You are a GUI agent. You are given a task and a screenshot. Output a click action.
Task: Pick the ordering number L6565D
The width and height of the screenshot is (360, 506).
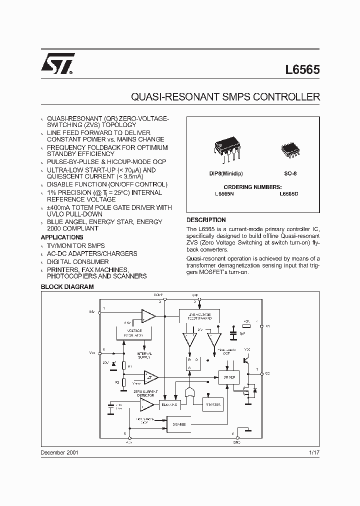point(289,193)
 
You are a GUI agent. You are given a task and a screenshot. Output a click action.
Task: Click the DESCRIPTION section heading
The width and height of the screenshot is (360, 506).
point(206,220)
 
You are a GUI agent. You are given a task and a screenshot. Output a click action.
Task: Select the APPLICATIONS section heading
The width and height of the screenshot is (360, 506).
point(62,237)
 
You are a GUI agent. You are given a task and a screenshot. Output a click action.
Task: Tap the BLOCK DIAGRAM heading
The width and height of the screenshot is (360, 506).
point(67,287)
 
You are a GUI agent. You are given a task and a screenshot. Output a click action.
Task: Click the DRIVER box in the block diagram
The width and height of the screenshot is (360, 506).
point(229,376)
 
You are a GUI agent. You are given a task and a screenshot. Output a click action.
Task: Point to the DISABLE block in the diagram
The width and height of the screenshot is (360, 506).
point(179,424)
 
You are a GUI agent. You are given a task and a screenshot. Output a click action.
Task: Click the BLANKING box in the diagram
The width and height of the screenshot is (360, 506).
point(169,404)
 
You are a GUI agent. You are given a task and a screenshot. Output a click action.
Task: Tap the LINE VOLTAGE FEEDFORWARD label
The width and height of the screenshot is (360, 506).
point(200,316)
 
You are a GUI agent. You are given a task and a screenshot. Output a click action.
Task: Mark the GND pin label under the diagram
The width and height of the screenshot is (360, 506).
point(236,442)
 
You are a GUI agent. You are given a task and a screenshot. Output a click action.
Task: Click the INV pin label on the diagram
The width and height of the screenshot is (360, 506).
point(91,311)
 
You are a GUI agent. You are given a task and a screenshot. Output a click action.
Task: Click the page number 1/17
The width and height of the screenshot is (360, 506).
point(314,452)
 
